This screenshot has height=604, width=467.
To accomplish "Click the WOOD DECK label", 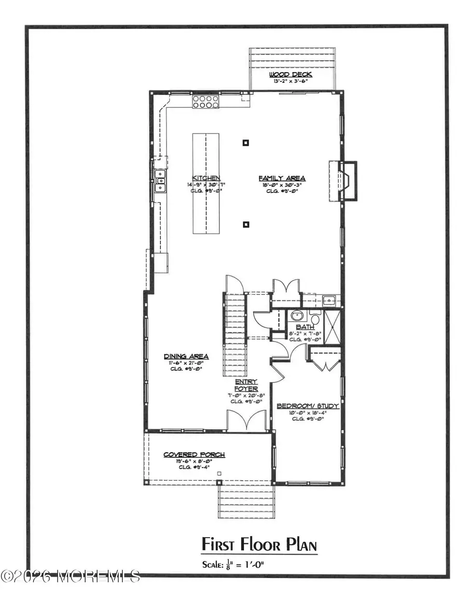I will [291, 75].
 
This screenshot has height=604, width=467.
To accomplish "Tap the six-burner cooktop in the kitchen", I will [204, 102].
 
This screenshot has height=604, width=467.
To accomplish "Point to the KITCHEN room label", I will [205, 177].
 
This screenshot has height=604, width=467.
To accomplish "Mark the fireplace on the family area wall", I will [344, 180].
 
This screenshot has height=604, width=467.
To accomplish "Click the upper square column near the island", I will [246, 143].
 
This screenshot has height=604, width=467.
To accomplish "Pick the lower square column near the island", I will [246, 224].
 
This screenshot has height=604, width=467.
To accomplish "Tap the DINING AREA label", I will [186, 356].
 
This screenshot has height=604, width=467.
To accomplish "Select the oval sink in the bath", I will [297, 316].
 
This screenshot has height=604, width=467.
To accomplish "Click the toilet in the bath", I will [315, 317].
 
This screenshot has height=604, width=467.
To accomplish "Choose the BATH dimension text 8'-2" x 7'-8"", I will [305, 333].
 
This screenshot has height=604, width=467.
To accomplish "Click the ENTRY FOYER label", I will [246, 385].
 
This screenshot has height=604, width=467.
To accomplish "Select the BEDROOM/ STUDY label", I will [308, 406].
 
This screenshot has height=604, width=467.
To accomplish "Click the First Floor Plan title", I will [259, 545].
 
